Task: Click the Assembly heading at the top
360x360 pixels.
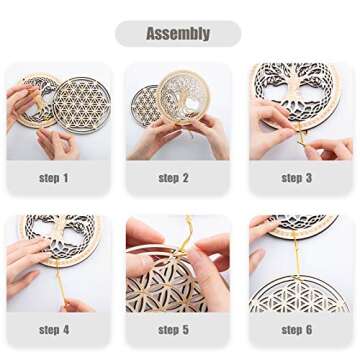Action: click(178, 34)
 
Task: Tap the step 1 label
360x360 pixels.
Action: click(54, 178)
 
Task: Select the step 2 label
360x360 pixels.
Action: click(174, 178)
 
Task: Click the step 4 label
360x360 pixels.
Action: click(54, 329)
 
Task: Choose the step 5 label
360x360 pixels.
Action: click(174, 329)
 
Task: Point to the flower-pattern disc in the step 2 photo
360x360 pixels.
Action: click(148, 104)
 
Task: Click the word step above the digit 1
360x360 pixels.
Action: click(49, 178)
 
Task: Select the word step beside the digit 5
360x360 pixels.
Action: click(169, 329)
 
